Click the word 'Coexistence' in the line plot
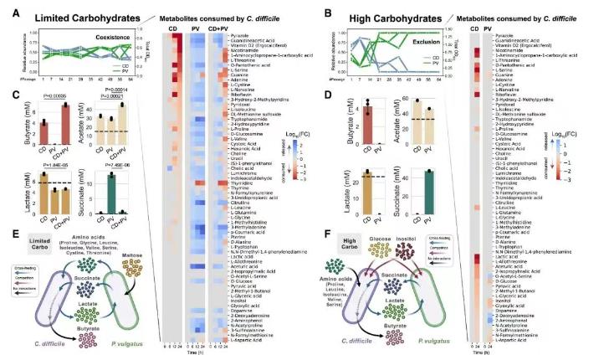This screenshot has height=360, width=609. pos(89,38)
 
